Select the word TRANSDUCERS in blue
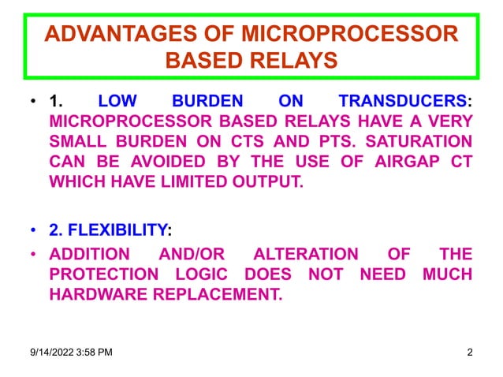(x=401, y=102)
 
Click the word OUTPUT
(x=262, y=184)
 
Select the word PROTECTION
(x=99, y=274)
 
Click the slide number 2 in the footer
(x=470, y=353)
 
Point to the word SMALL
(x=82, y=143)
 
